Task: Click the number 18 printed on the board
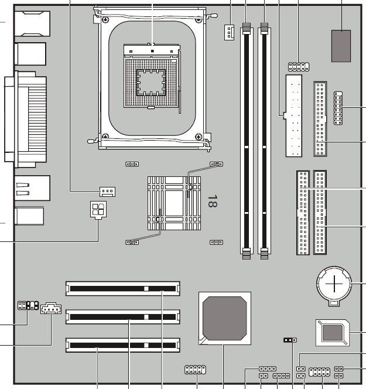pyautogui.click(x=213, y=201)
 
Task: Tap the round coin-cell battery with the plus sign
pyautogui.click(x=334, y=284)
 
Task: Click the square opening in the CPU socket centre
pyautogui.click(x=150, y=83)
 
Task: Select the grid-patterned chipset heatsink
pyautogui.click(x=174, y=203)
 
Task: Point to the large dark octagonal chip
pyautogui.click(x=225, y=318)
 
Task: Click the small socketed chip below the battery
pyautogui.click(x=333, y=333)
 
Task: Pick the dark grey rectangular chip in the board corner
pyautogui.click(x=341, y=46)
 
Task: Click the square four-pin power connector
pyautogui.click(x=98, y=210)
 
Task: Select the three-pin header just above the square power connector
pyautogui.click(x=107, y=192)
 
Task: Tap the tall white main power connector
pyautogui.click(x=293, y=115)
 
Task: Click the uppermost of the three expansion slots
pyautogui.click(x=123, y=288)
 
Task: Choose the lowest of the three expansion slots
pyautogui.click(x=123, y=345)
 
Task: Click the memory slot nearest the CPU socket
pyautogui.click(x=247, y=141)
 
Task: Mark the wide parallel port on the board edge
pyautogui.click(x=26, y=119)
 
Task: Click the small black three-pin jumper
pyautogui.click(x=290, y=340)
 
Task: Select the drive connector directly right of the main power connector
pyautogui.click(x=320, y=119)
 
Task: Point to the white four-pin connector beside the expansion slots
pyautogui.click(x=51, y=308)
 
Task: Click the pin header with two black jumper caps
pyautogui.click(x=28, y=305)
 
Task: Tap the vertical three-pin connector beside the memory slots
pyautogui.click(x=229, y=32)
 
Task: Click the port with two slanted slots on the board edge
pyautogui.click(x=32, y=188)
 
